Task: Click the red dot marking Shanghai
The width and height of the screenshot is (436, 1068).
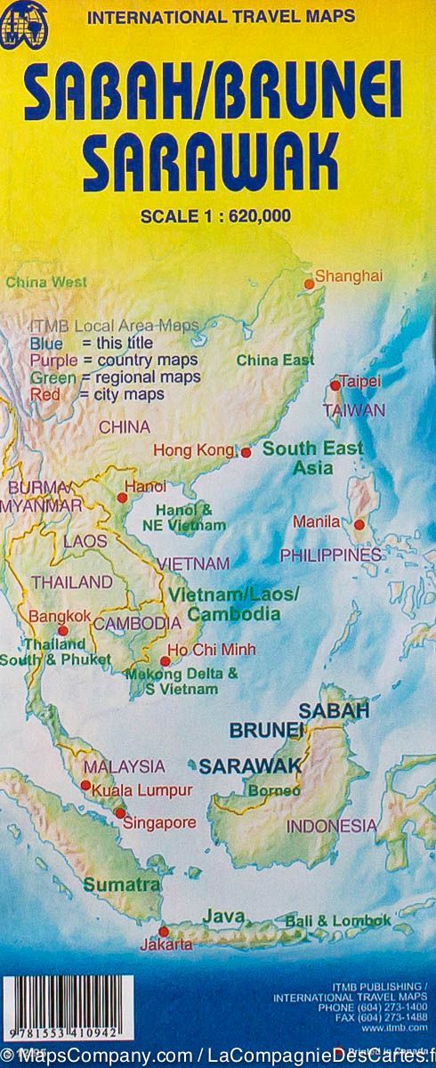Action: [310, 285]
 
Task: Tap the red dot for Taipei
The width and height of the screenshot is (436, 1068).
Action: [335, 385]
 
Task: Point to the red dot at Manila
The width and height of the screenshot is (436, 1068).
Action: [359, 525]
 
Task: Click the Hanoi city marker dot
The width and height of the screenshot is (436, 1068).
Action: [123, 498]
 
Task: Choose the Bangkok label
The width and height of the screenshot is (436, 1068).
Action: [60, 615]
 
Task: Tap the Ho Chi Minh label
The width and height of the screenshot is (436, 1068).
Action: [212, 650]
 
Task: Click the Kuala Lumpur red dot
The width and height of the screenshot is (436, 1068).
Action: [85, 785]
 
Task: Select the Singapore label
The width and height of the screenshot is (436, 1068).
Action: [159, 822]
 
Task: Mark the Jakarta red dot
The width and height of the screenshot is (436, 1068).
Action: [163, 931]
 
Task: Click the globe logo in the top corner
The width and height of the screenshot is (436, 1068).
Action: [22, 25]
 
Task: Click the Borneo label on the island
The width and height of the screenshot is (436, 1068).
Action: [267, 789]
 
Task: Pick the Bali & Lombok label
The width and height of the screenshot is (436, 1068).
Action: [337, 920]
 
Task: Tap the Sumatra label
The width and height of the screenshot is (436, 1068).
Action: [122, 885]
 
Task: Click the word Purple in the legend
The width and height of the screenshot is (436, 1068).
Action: [52, 360]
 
